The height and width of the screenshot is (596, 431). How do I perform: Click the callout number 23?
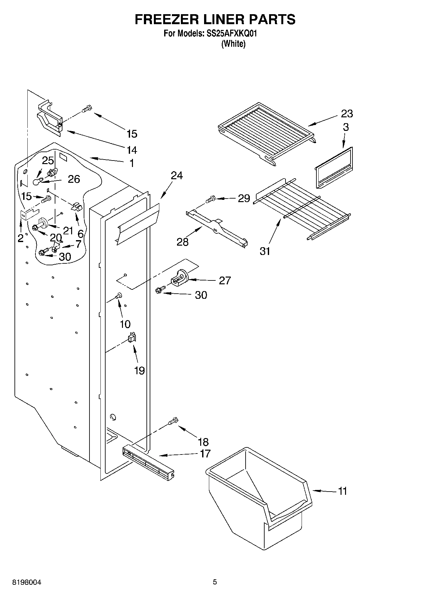(347, 113)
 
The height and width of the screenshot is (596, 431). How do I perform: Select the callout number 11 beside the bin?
(342, 491)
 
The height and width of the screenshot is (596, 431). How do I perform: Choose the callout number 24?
(176, 176)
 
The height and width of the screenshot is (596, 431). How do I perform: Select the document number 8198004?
(27, 582)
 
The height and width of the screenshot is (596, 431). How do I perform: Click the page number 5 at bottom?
(215, 582)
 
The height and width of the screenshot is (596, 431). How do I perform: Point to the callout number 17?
(205, 454)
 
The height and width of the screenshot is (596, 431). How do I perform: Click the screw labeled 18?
(173, 421)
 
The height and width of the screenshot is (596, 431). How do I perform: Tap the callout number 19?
(139, 371)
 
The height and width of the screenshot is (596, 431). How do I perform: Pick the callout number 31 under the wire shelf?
(265, 251)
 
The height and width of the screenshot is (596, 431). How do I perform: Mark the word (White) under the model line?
(233, 44)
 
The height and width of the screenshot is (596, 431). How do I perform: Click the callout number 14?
(132, 150)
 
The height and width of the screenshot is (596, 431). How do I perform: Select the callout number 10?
(125, 324)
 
